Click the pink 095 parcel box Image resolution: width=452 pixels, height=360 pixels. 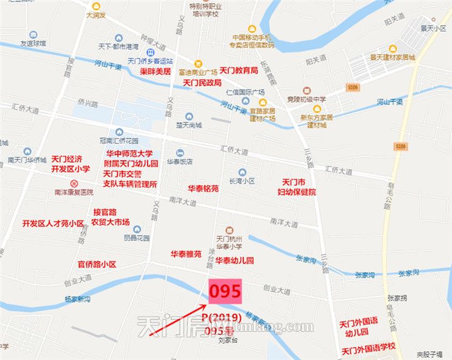[225, 291]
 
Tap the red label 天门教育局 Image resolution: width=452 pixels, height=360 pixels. [239, 71]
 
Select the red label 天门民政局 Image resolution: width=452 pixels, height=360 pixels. [202, 82]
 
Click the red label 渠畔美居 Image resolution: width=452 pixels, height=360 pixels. [154, 72]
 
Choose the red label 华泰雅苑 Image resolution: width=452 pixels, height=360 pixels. [186, 254]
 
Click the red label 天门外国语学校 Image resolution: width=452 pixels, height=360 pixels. [369, 347]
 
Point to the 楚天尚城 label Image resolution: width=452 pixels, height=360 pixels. [189, 125]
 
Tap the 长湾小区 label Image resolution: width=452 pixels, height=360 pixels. [242, 180]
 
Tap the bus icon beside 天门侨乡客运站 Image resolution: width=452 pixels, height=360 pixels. [150, 53]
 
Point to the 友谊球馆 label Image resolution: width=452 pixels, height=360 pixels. [33, 43]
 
